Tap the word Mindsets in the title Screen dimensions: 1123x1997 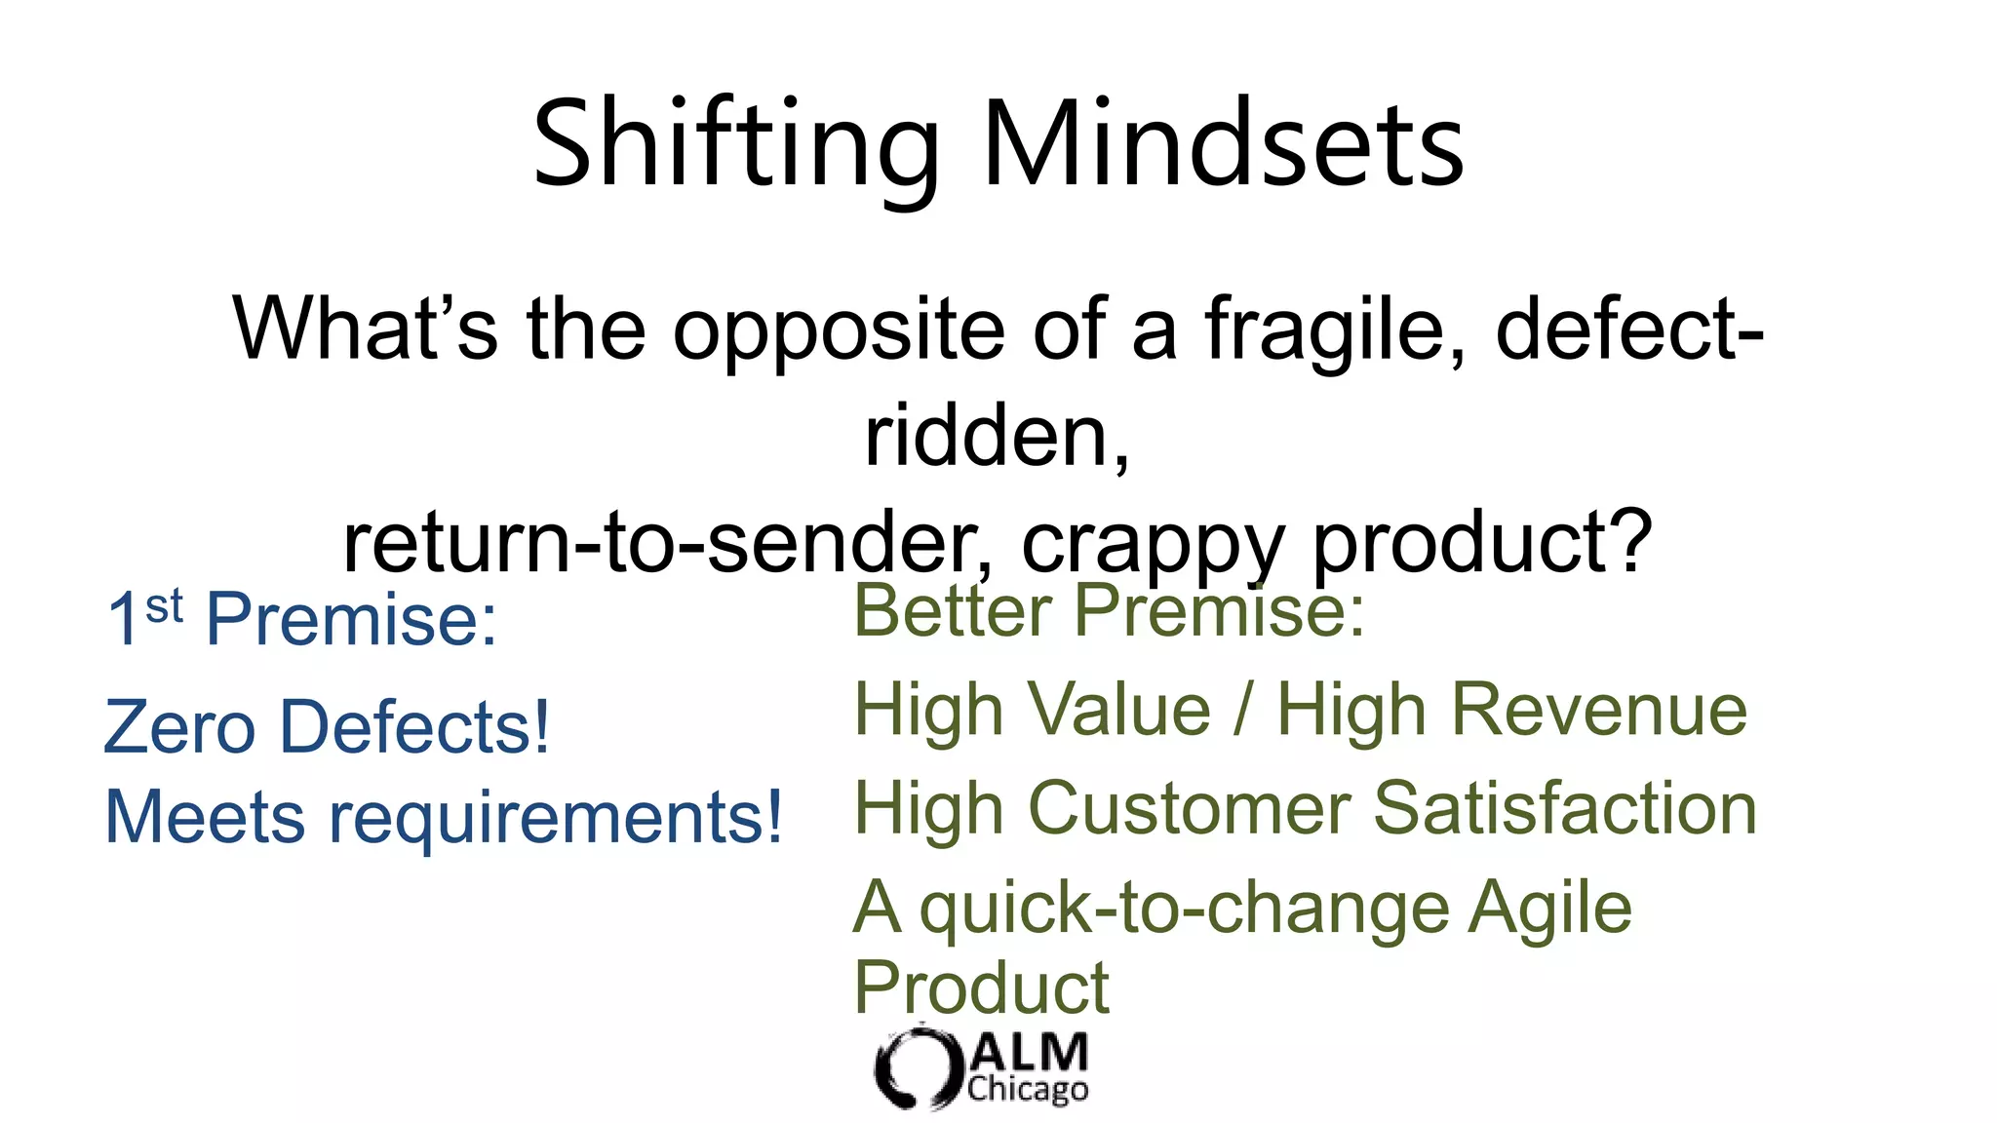[x=1224, y=144]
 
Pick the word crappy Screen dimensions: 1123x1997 [x=1151, y=544]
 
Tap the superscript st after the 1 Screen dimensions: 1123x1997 [x=164, y=606]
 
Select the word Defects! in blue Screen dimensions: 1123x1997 [x=415, y=727]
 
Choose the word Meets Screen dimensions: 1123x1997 [x=205, y=817]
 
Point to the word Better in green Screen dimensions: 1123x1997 [x=953, y=610]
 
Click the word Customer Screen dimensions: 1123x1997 [x=1190, y=809]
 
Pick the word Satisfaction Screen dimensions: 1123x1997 [x=1565, y=809]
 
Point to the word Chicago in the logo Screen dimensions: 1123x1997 [x=1028, y=1090]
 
